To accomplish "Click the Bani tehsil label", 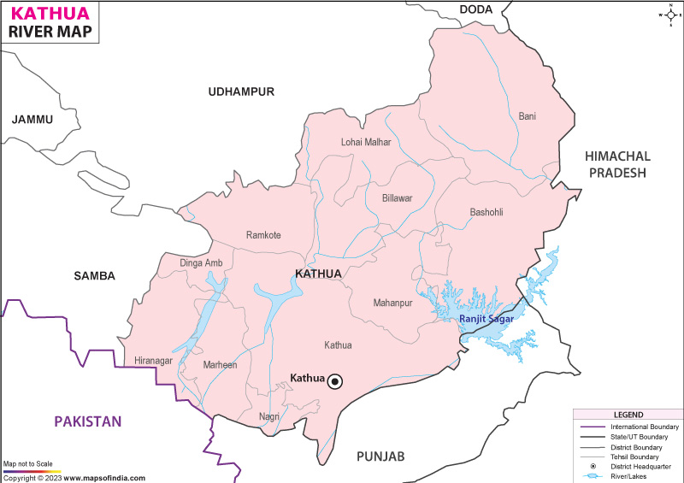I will point(528,116).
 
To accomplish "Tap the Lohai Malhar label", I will point(366,142).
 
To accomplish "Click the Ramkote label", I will point(263,235).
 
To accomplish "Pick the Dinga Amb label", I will point(202,262).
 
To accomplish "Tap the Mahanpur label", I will point(393,303).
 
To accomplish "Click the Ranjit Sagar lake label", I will point(486,319).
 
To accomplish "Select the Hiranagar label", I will point(155,361).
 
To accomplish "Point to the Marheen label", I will point(221,365).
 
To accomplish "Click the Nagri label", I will point(269,417).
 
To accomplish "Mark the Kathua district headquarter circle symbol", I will point(335,381).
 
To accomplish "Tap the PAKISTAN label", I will point(88,421).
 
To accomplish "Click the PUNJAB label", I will point(381,456).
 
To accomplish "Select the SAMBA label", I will point(95,275).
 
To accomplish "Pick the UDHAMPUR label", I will point(241,91).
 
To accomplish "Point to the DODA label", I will point(476,9).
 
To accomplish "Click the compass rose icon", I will point(669,14).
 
